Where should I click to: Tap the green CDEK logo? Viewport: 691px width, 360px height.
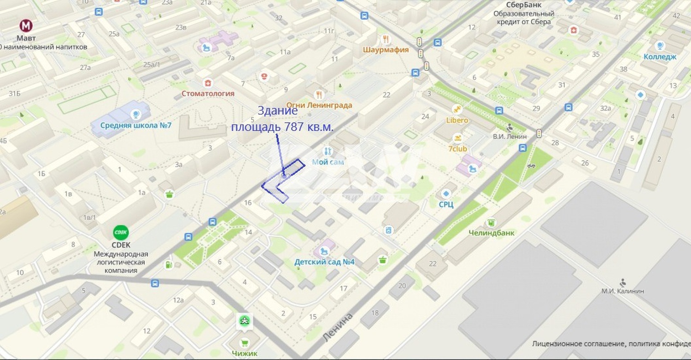(121, 232)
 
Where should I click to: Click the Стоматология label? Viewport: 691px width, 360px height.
(208, 94)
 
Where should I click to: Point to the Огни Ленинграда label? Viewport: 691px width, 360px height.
(319, 105)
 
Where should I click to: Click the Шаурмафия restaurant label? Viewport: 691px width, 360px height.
(386, 50)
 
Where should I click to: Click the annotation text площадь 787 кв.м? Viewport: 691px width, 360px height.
(282, 126)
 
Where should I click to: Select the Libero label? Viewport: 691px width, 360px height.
(457, 120)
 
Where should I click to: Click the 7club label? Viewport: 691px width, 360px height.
(457, 149)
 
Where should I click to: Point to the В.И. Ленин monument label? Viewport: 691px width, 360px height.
(509, 136)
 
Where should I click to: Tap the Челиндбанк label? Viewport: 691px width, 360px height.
(492, 233)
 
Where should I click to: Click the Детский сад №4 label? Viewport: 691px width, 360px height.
(324, 262)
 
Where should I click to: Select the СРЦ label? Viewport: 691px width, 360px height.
(446, 204)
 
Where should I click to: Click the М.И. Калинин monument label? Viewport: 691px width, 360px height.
(622, 291)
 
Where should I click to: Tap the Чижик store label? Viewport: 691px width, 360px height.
(245, 354)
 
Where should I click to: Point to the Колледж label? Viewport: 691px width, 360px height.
(660, 57)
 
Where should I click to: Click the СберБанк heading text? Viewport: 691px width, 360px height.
(523, 5)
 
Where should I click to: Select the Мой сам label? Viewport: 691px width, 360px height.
(328, 162)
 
